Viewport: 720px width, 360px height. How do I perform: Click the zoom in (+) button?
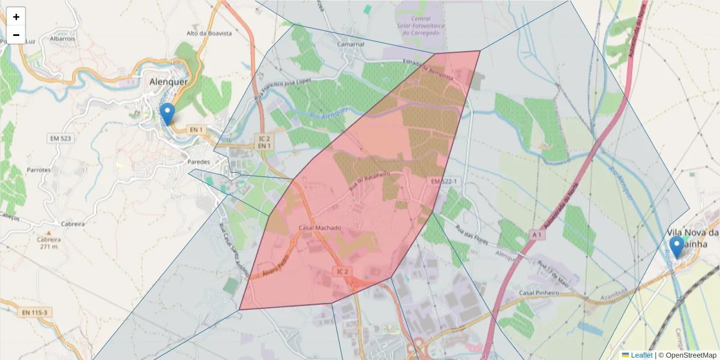point(16,17)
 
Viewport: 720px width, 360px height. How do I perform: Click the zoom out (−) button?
point(16,35)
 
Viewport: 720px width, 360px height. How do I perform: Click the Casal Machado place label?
point(319,228)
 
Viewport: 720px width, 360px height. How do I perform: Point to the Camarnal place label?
point(350,44)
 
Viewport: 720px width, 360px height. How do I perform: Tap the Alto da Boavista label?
point(209,34)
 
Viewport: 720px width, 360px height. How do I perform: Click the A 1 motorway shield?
point(536,235)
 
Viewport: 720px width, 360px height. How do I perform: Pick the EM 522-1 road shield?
point(444,181)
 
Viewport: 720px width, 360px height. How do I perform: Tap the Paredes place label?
point(199,162)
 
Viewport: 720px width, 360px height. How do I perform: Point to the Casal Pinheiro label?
point(539,293)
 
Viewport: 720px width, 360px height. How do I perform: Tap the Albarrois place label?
point(62,38)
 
